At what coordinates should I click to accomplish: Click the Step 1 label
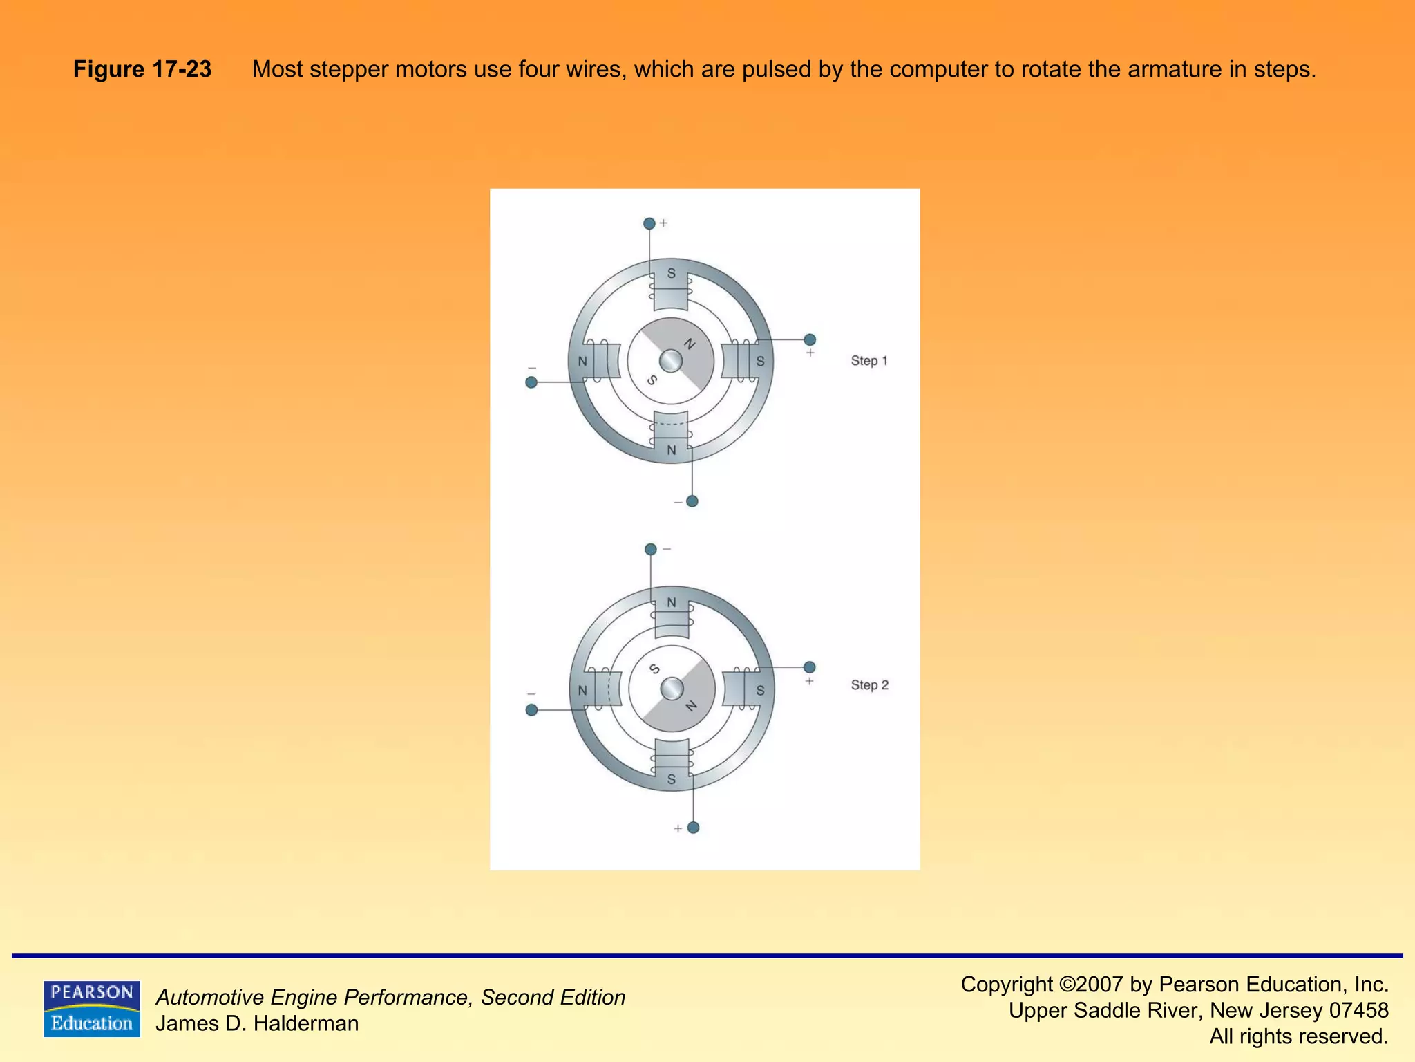[x=868, y=361]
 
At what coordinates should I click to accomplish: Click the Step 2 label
[x=869, y=685]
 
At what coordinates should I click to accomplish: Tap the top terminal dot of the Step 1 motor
[x=649, y=223]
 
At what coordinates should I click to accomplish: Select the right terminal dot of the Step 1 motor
[x=810, y=339]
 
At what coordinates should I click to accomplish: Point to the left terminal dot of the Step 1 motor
[x=531, y=382]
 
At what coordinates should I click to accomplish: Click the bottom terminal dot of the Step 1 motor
[x=692, y=501]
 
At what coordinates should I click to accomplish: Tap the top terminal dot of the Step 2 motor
[x=650, y=550]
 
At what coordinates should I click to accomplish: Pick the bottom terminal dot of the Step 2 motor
[x=694, y=828]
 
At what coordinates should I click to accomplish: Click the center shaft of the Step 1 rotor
[x=671, y=361]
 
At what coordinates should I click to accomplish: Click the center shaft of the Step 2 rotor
[x=672, y=689]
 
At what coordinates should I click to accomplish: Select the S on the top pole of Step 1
[x=671, y=274]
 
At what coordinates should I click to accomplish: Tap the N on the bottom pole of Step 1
[x=671, y=451]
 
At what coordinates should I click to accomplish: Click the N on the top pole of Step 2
[x=672, y=603]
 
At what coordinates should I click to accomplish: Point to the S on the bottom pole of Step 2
[x=672, y=780]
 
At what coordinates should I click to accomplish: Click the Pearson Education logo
[x=92, y=1009]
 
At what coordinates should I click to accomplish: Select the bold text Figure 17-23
[x=142, y=69]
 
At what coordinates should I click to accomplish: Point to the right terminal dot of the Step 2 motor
[x=810, y=667]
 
